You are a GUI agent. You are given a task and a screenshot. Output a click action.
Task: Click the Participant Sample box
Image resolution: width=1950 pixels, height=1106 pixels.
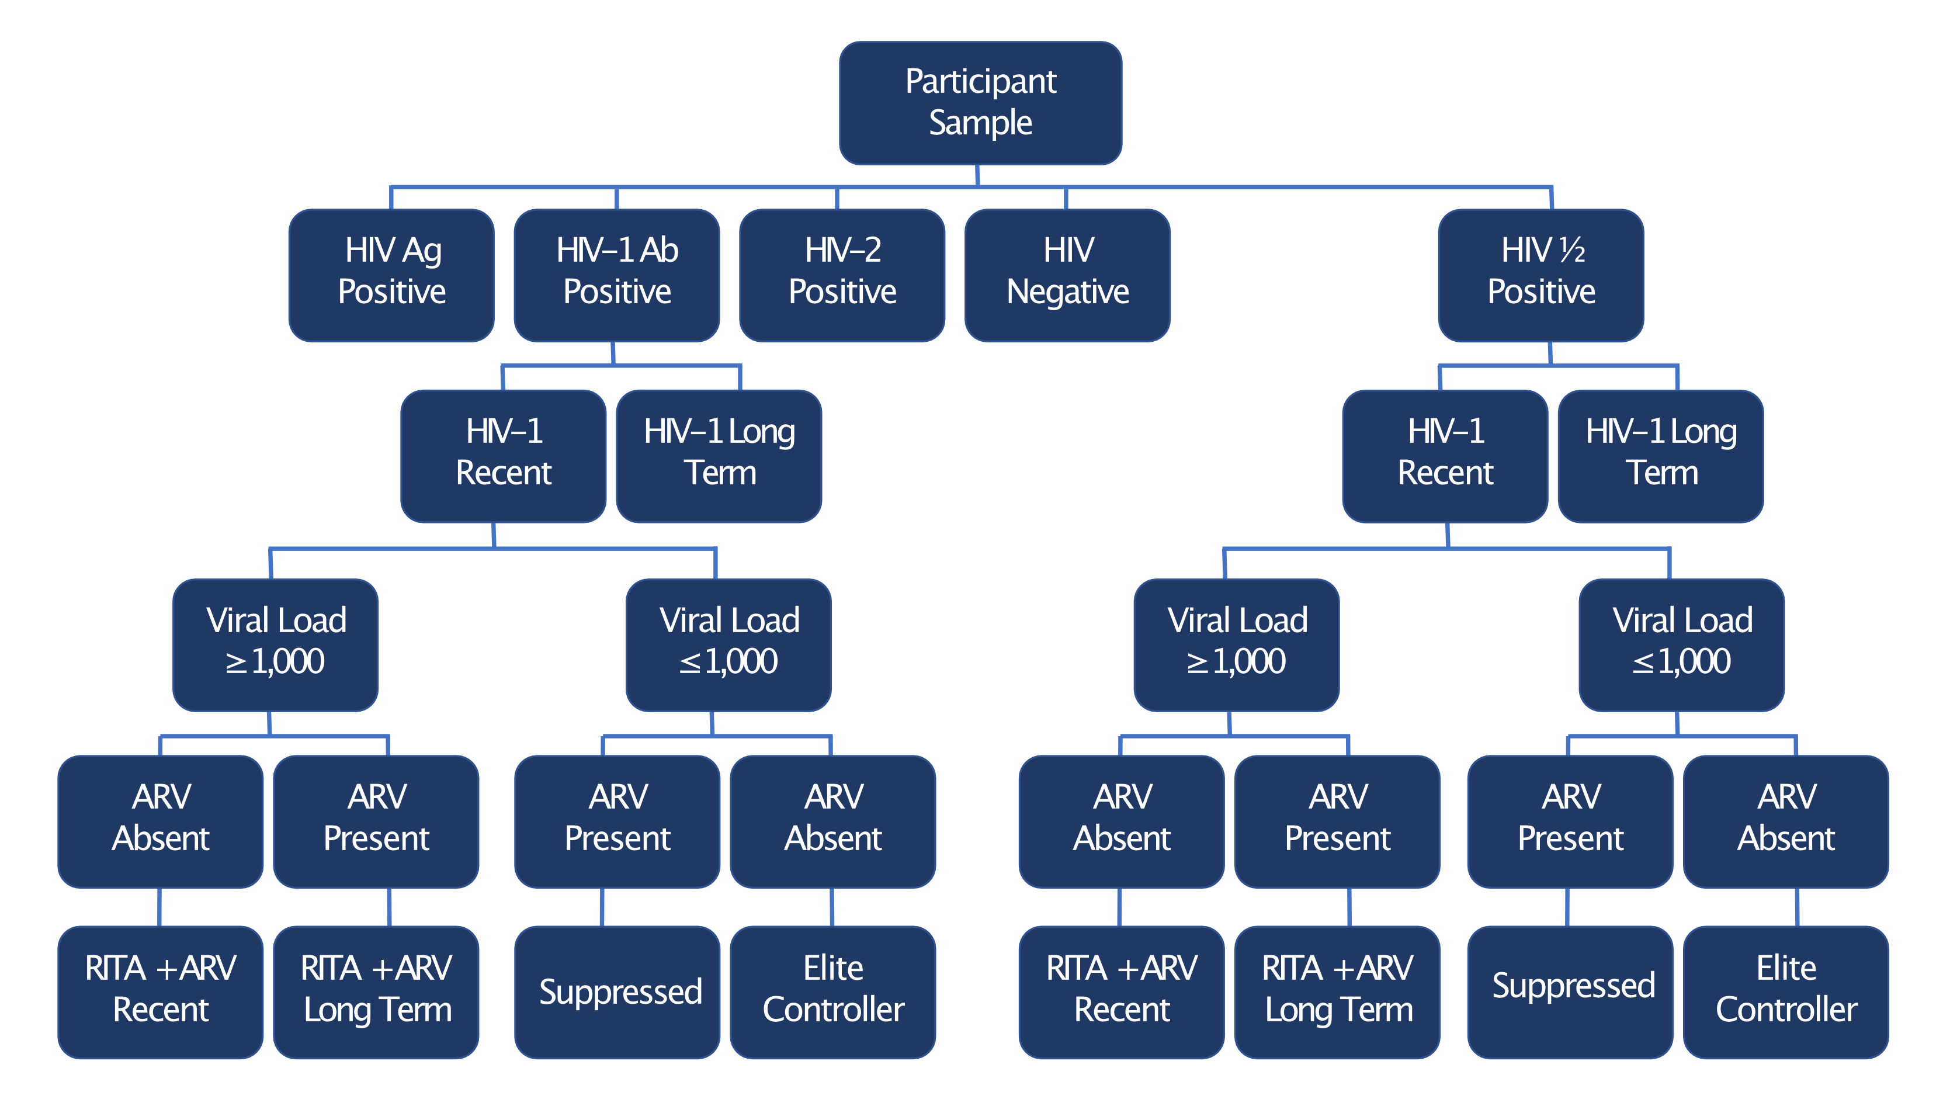(980, 103)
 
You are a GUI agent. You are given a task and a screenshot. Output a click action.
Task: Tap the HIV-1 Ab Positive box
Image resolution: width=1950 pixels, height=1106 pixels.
(616, 275)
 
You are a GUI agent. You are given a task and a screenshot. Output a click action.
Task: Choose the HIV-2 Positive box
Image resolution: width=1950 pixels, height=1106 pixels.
(842, 275)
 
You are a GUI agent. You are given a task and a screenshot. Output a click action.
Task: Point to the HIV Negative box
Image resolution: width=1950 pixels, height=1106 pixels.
(1067, 275)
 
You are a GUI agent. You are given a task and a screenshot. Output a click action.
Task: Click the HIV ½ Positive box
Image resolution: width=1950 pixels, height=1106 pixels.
(1540, 275)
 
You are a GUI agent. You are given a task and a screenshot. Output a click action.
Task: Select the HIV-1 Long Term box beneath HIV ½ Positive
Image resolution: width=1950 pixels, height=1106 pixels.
(1661, 456)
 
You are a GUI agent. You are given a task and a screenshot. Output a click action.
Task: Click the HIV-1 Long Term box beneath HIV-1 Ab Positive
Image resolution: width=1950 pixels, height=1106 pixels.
(719, 456)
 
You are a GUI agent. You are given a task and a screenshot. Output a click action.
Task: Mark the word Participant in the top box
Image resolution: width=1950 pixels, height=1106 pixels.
(980, 81)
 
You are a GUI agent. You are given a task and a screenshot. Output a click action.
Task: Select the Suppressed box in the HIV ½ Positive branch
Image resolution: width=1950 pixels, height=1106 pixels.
(1570, 991)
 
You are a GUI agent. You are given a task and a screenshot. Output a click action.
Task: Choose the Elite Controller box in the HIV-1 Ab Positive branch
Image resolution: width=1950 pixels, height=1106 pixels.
(832, 991)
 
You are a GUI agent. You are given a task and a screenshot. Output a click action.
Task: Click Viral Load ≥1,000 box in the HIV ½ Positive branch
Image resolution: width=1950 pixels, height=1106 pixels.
(1236, 644)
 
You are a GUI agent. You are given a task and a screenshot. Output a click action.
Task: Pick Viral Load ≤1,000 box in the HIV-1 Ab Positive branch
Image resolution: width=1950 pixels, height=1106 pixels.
(728, 644)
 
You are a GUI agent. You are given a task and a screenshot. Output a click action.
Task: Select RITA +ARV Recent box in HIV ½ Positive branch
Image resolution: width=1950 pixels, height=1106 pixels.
(1122, 991)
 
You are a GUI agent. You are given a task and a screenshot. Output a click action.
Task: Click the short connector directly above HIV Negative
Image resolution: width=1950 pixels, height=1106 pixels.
(1066, 198)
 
